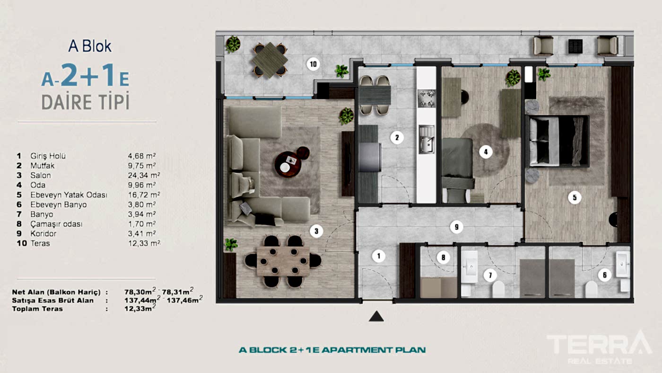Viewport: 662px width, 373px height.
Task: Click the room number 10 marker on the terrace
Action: point(313,64)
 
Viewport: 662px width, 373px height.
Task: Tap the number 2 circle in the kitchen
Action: point(397,138)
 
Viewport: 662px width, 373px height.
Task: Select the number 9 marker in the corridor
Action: point(457,227)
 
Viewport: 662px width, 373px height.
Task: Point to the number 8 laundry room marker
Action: point(444,258)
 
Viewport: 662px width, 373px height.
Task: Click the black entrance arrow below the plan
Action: point(376,316)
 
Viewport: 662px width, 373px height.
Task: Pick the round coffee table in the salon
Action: point(288,164)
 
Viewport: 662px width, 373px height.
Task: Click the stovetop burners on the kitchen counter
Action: point(427,98)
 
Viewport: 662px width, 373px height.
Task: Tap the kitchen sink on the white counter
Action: point(427,139)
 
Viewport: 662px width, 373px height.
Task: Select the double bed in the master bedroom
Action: point(557,142)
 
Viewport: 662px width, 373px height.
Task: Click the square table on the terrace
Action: point(270,60)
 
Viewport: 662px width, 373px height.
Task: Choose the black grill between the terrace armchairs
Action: point(575,46)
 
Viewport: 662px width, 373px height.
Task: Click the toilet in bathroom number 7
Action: point(498,289)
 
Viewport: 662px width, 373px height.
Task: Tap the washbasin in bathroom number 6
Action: point(623,264)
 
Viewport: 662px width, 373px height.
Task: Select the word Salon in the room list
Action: point(41,176)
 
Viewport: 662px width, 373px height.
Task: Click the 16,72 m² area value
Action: point(144,195)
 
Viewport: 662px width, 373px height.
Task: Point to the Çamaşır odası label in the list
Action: point(56,224)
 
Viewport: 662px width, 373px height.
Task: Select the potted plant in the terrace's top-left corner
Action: point(233,44)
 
